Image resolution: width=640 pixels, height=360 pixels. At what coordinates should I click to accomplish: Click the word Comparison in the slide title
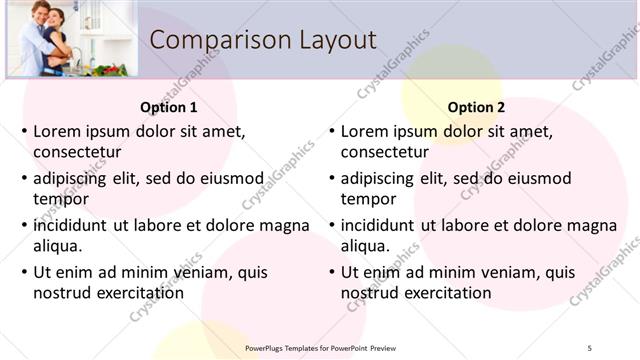coord(209,40)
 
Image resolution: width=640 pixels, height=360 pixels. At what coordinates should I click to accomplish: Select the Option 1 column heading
coord(169,107)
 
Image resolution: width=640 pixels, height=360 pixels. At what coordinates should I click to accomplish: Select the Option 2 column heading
coord(476,107)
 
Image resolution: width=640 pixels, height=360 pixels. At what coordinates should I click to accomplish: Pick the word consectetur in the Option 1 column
coord(77,152)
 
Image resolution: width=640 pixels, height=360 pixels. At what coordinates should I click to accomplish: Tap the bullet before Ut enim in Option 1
coord(23,272)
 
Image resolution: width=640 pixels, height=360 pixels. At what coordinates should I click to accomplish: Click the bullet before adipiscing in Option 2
coord(331,178)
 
